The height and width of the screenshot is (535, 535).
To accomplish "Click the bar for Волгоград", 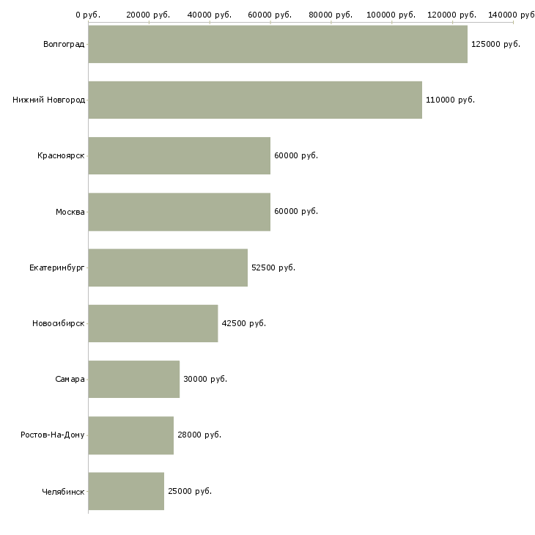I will click(x=278, y=44).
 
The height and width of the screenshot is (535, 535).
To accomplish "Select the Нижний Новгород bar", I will click(x=255, y=100).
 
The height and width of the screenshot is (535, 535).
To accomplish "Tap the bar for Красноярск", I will click(x=180, y=155).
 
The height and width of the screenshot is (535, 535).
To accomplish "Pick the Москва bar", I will click(x=180, y=212).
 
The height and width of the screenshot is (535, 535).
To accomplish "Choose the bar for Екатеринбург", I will click(x=168, y=267).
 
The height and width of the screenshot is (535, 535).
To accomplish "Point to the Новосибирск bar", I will click(x=153, y=323).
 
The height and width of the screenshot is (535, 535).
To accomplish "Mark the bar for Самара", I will click(x=134, y=379).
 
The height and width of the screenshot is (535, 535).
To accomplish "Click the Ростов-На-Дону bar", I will click(x=131, y=435).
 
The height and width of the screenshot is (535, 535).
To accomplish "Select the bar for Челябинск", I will click(x=126, y=491).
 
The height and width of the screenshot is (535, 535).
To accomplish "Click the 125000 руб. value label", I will click(x=495, y=44).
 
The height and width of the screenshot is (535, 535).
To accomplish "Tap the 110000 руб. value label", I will click(x=450, y=100).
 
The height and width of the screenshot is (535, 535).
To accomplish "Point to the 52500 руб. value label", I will click(x=273, y=267).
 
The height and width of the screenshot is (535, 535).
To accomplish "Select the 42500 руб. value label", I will click(x=243, y=323).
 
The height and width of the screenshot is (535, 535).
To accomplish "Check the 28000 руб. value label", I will click(x=199, y=435).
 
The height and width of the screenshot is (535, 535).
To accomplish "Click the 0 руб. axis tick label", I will click(x=88, y=15).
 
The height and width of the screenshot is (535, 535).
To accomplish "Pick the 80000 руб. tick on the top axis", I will click(x=331, y=15).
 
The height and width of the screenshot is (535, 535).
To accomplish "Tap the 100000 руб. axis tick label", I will click(x=391, y=15).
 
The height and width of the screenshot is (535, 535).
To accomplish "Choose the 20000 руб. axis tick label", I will click(x=148, y=15).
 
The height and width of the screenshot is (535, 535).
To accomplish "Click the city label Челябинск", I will click(x=64, y=491).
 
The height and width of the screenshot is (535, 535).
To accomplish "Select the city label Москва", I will click(x=70, y=212).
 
